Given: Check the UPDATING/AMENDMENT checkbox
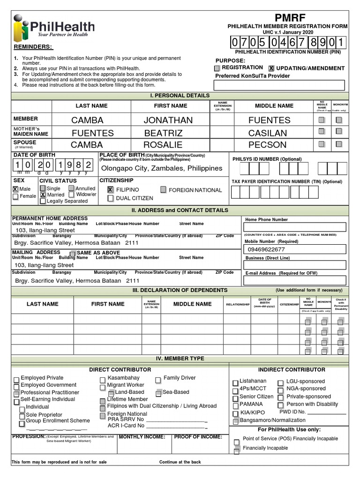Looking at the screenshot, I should (x=271, y=68).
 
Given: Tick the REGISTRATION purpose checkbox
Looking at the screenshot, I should (x=217, y=68).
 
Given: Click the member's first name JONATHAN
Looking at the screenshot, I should (x=168, y=120).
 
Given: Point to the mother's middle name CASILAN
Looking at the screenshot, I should (x=267, y=133).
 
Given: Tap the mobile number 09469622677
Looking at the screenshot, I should (x=265, y=249).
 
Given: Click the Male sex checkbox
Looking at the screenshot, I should (x=15, y=189).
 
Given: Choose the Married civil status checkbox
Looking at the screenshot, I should (x=43, y=195).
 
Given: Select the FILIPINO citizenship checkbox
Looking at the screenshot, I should (x=110, y=190).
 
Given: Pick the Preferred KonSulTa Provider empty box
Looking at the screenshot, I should (x=279, y=85).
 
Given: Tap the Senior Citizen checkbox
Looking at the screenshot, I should (x=235, y=397).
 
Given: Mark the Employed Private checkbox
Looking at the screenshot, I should (x=16, y=379).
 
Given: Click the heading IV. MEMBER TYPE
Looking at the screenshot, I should (x=180, y=359).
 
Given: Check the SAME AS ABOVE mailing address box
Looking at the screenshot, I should (x=73, y=253).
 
